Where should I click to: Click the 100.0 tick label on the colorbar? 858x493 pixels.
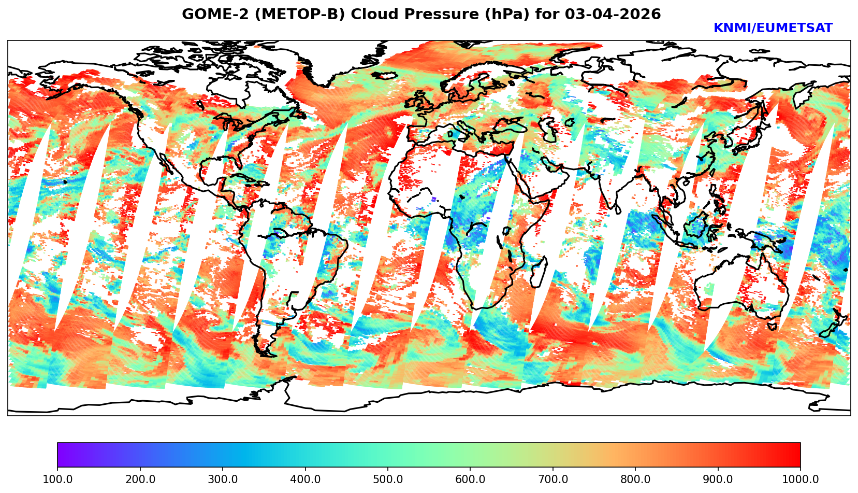(57, 479)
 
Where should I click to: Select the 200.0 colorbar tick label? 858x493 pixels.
(140, 479)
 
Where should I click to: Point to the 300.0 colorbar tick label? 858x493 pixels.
(223, 479)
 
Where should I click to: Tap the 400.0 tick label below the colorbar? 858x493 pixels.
(305, 479)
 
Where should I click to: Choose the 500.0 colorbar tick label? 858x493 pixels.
(388, 479)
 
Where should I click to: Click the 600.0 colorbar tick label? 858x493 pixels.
(470, 479)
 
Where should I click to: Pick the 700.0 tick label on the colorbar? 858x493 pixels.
(553, 479)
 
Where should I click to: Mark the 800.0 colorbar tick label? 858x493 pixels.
(635, 479)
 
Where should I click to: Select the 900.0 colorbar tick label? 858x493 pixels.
(718, 479)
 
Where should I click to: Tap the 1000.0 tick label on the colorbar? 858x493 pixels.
(801, 479)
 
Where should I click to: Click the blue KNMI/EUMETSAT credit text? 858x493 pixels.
(773, 29)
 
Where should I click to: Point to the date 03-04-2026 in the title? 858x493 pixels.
(613, 15)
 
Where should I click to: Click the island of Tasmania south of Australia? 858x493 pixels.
(772, 327)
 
